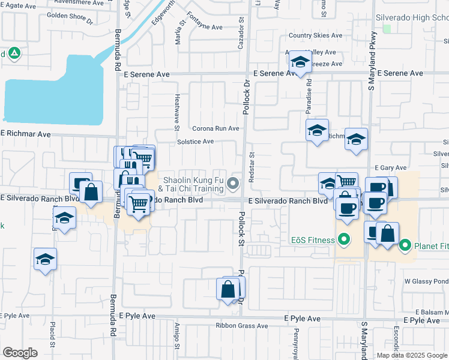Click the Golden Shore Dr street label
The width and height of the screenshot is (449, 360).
(x=70, y=17)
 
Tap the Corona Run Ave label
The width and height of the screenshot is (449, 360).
(x=215, y=128)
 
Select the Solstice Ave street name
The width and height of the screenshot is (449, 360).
(x=195, y=142)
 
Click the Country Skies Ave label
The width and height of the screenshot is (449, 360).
(x=315, y=36)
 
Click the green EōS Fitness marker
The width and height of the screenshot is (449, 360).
(x=344, y=241)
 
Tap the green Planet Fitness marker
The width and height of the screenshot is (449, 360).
(x=405, y=245)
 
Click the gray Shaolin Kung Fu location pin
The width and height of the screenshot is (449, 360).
(x=235, y=183)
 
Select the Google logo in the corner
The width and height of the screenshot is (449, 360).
(x=20, y=353)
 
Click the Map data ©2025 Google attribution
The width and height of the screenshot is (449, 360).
(x=412, y=355)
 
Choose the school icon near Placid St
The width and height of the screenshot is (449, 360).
(x=45, y=260)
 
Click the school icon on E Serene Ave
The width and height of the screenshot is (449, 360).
(x=300, y=62)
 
